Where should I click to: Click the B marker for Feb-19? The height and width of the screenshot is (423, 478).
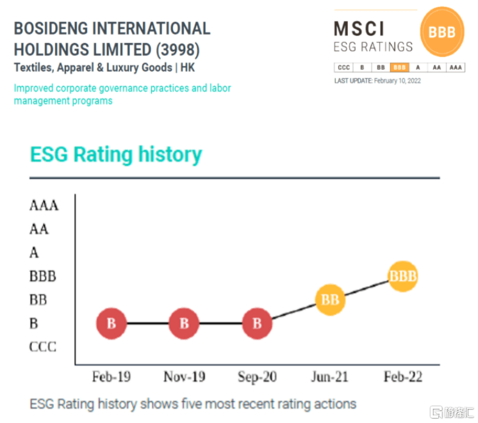[111, 324]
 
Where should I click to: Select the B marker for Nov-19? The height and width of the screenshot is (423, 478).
[185, 324]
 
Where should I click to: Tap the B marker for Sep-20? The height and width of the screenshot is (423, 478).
[257, 324]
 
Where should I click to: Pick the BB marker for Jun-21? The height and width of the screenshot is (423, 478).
[330, 299]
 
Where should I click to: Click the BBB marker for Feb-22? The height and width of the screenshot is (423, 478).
[403, 276]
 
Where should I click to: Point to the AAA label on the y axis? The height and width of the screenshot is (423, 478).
[44, 205]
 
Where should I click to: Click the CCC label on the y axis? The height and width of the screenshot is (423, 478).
[43, 347]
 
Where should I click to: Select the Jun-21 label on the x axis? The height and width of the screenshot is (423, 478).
[329, 377]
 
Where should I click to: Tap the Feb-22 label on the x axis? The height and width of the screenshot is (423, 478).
[403, 377]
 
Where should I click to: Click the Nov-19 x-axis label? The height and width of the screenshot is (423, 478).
[185, 377]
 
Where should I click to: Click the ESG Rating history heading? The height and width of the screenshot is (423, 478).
[116, 154]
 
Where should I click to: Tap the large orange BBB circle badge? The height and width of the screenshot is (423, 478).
[442, 32]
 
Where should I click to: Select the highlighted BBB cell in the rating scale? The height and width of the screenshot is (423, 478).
[400, 67]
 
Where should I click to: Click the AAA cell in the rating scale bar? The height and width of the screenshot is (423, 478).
[456, 67]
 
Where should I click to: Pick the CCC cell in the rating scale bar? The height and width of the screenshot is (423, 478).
[343, 67]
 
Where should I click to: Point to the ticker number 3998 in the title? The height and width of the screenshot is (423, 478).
[181, 49]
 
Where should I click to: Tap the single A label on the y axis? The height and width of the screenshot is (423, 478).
[34, 253]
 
